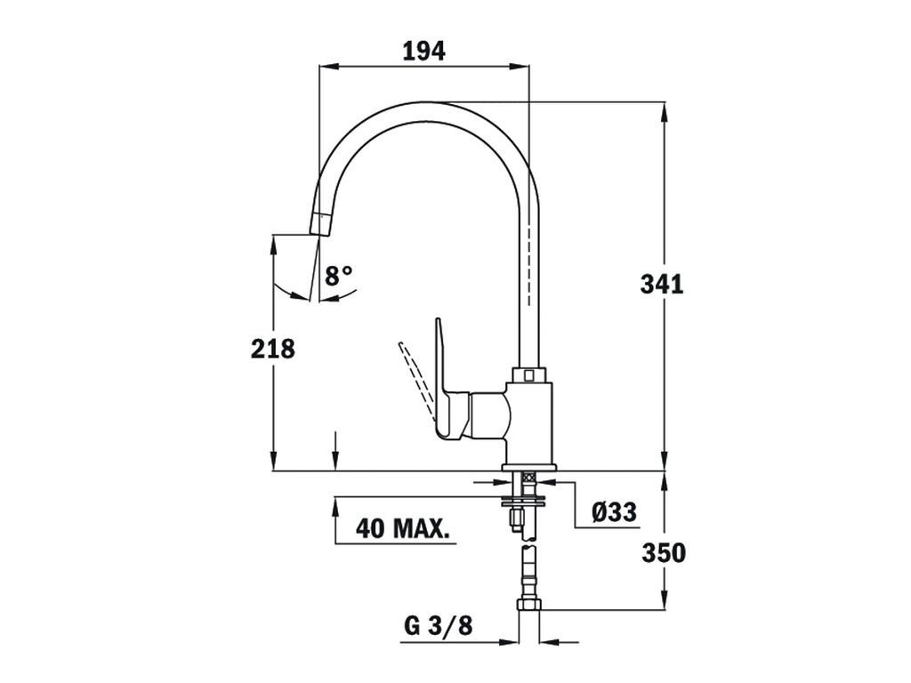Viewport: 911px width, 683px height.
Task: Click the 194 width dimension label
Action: coord(424,51)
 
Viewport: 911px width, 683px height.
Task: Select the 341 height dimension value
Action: coord(662,285)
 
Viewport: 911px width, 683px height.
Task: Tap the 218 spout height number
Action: coord(273,349)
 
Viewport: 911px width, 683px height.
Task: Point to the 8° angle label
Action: coord(338,276)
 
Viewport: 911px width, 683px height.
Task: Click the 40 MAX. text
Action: coord(403,528)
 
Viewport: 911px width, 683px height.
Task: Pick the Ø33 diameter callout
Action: coord(614,511)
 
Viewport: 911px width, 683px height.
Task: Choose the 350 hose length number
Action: coord(664,553)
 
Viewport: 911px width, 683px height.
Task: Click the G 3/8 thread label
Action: coord(439,626)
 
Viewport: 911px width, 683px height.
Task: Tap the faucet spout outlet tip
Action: coord(320,224)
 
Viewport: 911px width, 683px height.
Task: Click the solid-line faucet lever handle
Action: coord(450,383)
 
